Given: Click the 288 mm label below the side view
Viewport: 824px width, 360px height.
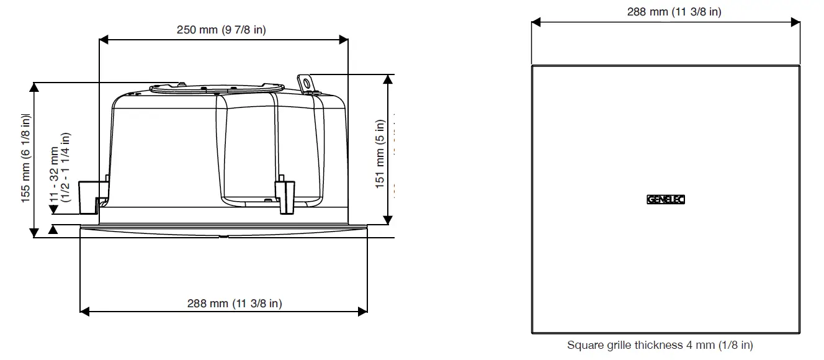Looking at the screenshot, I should click(x=235, y=304).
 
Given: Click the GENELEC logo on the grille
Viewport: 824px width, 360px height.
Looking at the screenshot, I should click(x=666, y=200).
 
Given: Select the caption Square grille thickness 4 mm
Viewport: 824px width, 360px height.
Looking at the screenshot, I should click(x=660, y=345).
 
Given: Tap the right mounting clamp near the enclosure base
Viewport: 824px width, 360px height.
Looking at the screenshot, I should click(x=285, y=194).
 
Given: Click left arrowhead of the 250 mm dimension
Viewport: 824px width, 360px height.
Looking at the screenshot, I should click(x=104, y=40).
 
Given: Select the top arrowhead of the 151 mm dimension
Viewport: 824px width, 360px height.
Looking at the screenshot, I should click(x=388, y=79).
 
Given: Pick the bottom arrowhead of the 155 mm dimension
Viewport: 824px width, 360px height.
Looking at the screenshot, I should click(x=35, y=232).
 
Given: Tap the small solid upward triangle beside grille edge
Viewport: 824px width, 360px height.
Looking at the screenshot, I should click(x=54, y=230).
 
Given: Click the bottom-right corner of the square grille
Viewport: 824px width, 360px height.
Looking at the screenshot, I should click(x=799, y=333).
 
